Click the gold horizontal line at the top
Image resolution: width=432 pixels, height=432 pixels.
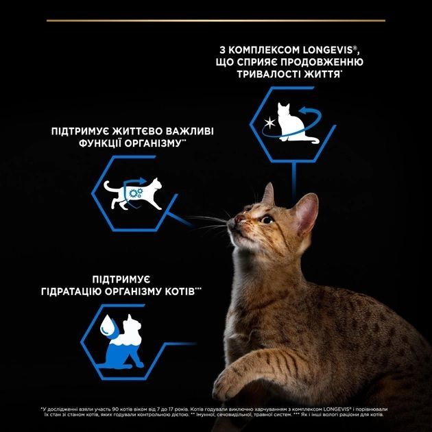click(x=215, y=21)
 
